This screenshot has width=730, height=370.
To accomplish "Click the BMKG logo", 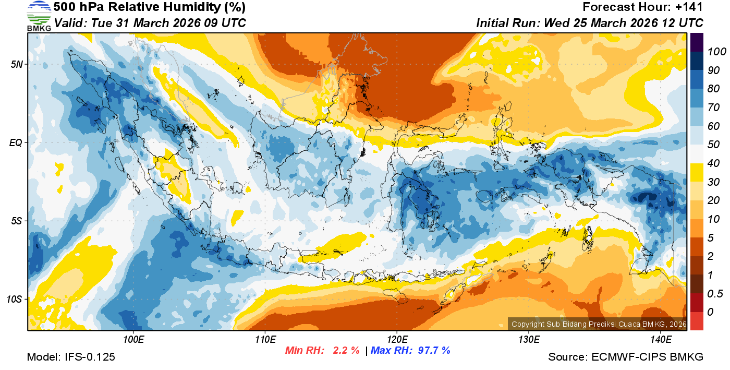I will [x=39, y=16].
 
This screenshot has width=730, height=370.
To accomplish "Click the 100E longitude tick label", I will [x=133, y=340].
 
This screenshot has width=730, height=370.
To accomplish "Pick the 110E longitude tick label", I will [x=265, y=340].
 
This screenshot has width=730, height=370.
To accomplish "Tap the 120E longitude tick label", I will [x=397, y=340].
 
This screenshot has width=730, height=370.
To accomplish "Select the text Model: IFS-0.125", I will [x=70, y=357].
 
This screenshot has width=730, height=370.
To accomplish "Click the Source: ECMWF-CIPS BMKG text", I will [x=626, y=357].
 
